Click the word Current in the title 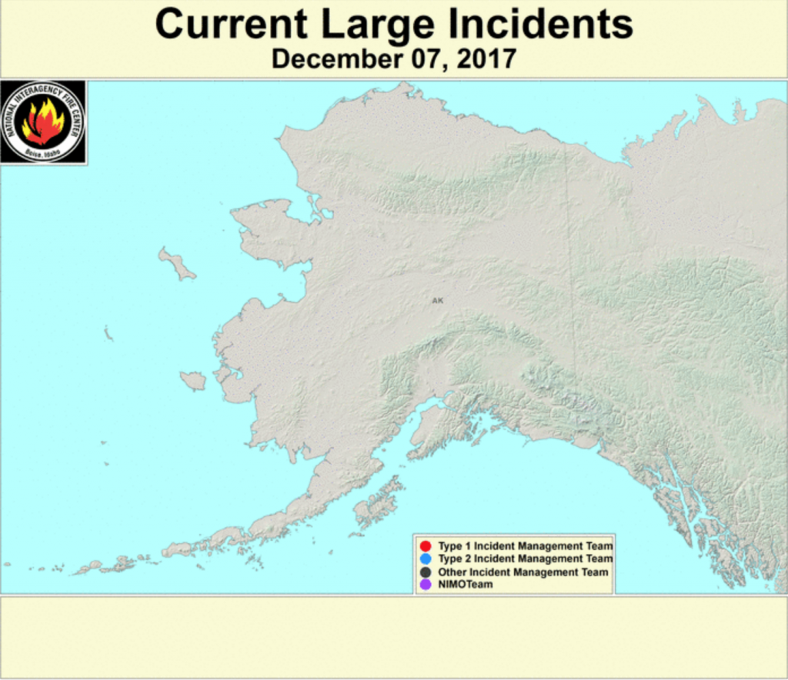coord(230,25)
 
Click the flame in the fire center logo coord(43,122)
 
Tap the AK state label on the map coord(437,301)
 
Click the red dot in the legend coord(426,546)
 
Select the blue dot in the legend coord(426,559)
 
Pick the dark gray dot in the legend coord(426,572)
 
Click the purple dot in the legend coord(426,585)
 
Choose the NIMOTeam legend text coord(465,585)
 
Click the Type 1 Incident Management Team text coord(525,546)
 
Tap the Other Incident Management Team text coord(523,572)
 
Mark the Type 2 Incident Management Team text coord(525,559)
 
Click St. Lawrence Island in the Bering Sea coord(178,264)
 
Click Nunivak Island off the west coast coord(193,380)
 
